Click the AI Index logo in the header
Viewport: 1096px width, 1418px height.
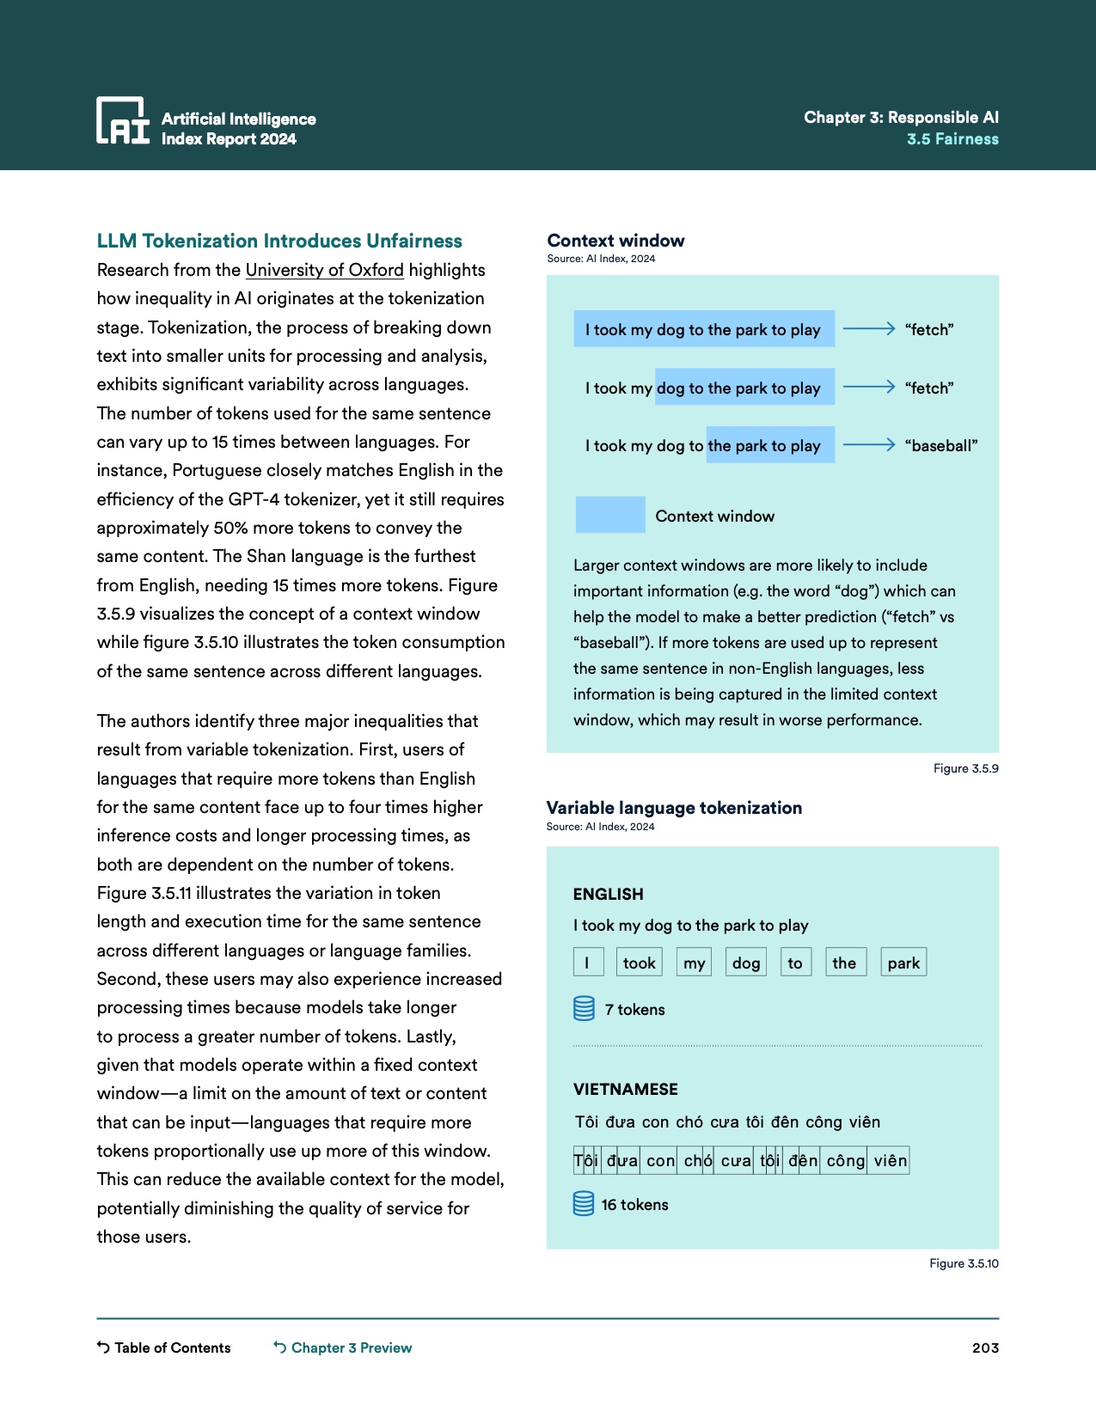123,120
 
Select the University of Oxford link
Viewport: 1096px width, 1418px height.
324,270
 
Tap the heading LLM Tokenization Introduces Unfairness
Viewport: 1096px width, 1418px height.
279,241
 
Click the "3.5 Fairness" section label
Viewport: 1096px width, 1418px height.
952,139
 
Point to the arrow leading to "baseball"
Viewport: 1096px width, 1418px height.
869,445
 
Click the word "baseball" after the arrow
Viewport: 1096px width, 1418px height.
941,446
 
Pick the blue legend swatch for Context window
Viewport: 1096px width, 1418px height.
610,515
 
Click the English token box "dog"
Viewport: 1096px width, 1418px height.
746,963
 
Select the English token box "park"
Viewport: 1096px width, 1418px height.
903,963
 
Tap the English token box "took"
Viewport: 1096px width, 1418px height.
639,963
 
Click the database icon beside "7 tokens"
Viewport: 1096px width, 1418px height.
584,1008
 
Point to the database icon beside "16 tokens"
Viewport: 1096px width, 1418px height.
584,1204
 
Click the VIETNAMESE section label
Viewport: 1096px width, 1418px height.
625,1089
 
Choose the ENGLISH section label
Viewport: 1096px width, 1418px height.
608,894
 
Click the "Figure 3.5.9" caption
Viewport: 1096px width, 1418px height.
965,768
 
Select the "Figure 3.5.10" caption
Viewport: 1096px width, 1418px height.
964,1263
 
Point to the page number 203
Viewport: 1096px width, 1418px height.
985,1348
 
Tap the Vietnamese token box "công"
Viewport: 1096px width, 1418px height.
845,1161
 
